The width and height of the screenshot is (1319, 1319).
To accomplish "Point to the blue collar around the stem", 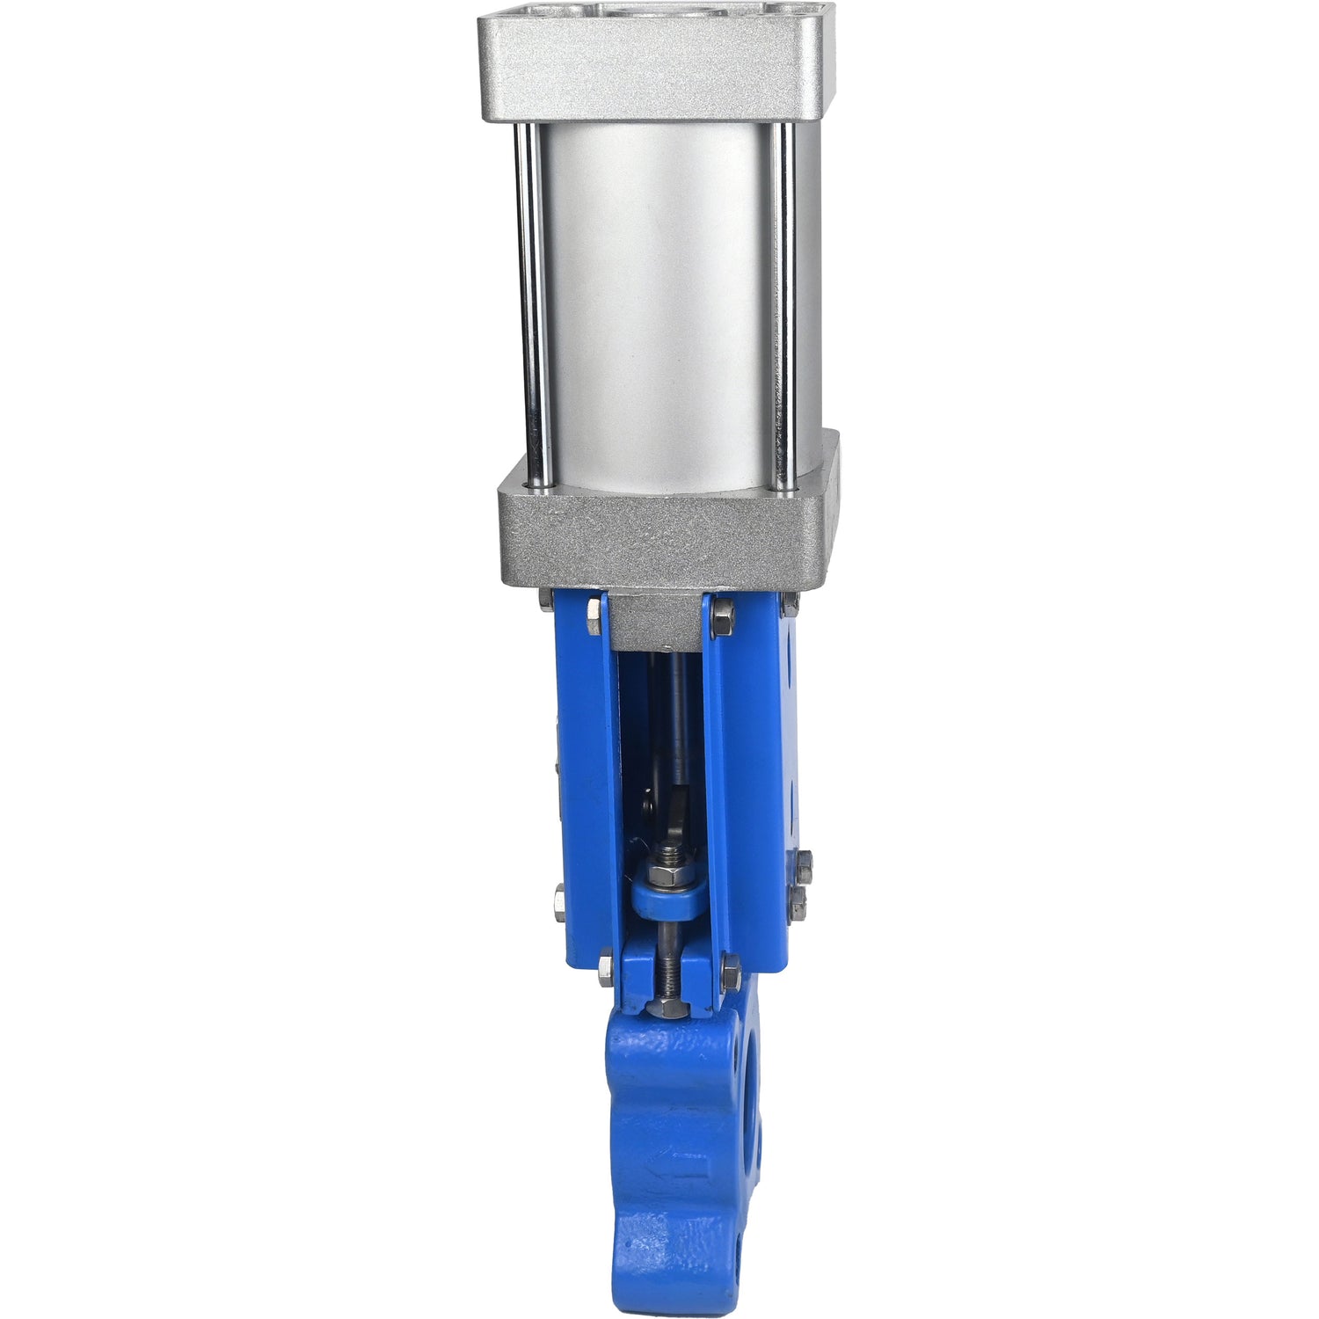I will [x=666, y=901].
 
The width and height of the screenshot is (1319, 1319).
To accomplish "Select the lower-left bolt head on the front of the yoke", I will [x=606, y=969].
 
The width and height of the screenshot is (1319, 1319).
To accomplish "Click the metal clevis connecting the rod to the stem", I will [x=677, y=813].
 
